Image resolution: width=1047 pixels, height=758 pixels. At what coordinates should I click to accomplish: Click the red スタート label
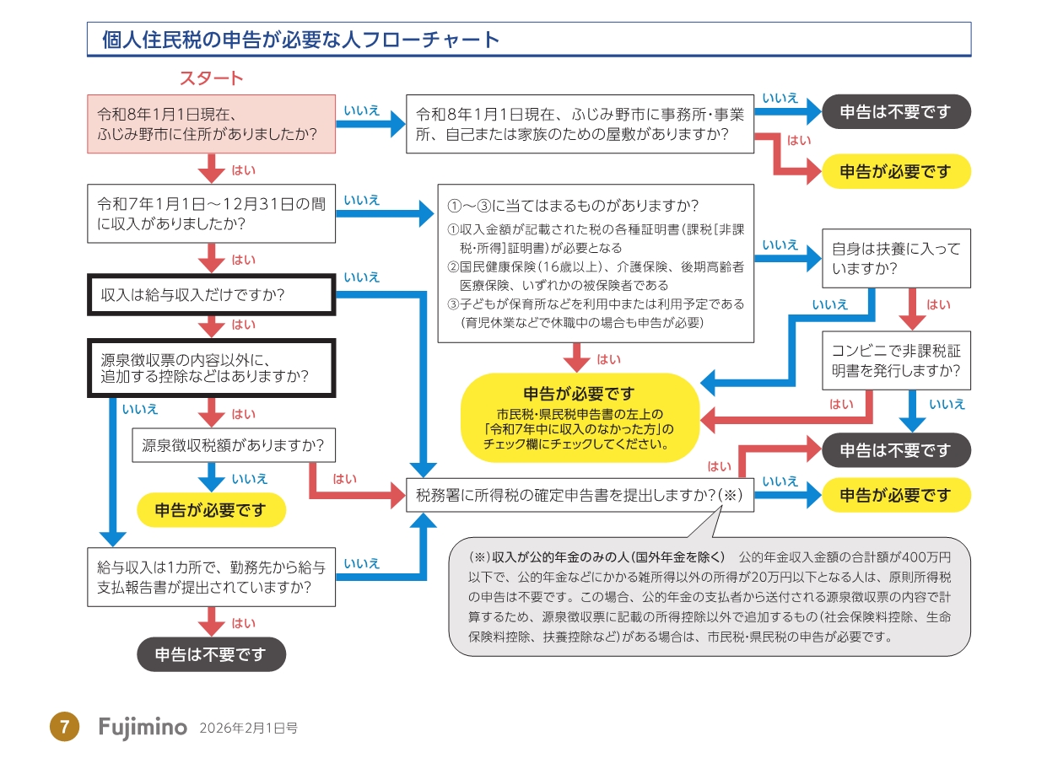tap(211, 78)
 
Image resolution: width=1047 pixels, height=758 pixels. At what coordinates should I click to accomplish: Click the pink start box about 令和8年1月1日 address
tap(211, 124)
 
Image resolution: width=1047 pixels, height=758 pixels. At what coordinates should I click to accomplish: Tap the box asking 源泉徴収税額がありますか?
tap(233, 444)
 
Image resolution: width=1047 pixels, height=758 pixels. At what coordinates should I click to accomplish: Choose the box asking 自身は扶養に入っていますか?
tap(896, 258)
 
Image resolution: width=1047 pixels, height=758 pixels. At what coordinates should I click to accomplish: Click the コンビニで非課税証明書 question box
tap(896, 360)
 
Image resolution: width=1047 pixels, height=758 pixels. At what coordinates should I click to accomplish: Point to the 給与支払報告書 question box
tap(211, 577)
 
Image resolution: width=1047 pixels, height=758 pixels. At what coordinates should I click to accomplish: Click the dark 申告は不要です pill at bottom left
tap(211, 654)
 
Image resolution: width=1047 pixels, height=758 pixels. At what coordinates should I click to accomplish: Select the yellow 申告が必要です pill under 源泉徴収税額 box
tap(211, 510)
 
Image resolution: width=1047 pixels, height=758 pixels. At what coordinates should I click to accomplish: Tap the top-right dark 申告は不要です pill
tap(896, 111)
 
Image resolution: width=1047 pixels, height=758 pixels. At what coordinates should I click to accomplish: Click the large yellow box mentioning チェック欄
tap(579, 418)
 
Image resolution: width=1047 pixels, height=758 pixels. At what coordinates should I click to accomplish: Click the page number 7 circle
tap(64, 726)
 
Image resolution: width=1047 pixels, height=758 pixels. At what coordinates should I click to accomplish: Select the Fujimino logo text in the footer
tap(142, 726)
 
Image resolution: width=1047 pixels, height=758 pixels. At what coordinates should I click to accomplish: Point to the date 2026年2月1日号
tap(248, 728)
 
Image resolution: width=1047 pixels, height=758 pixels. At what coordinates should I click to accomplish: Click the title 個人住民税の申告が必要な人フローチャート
tap(301, 40)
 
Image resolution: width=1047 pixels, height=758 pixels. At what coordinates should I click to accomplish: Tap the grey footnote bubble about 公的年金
tap(709, 597)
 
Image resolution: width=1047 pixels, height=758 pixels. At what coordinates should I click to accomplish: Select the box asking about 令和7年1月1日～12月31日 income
tap(211, 214)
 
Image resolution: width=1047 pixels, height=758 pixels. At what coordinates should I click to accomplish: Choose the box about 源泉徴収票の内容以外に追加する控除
tap(211, 368)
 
